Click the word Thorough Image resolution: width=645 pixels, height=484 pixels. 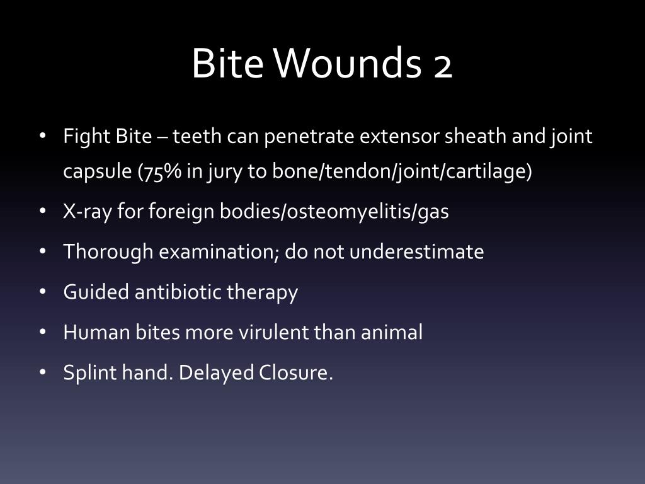108,252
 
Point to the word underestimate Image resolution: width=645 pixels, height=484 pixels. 416,252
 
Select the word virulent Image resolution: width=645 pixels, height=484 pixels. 274,332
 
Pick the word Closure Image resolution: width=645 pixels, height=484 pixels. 295,373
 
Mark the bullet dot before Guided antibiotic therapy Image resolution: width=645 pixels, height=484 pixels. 43,292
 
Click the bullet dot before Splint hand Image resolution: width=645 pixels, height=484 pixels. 43,372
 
